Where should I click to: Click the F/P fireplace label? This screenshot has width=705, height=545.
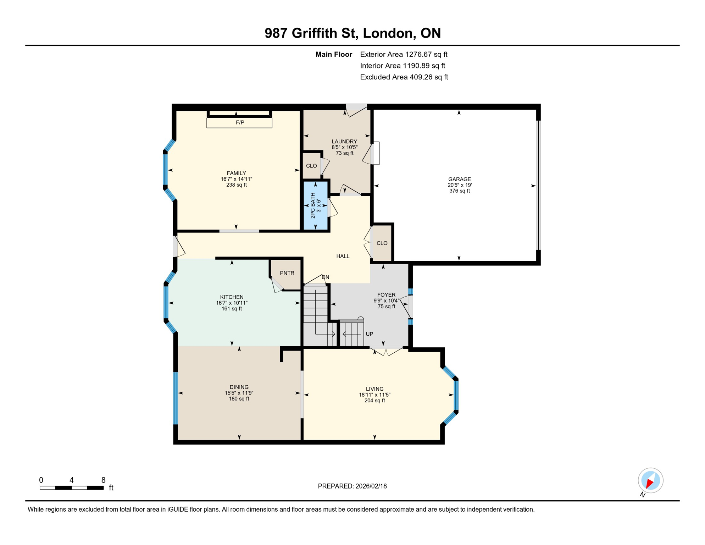click(x=240, y=122)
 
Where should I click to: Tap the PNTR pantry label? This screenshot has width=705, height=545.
click(x=287, y=273)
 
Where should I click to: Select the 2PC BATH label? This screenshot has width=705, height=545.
click(x=313, y=205)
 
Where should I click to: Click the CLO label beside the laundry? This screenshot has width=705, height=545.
click(x=311, y=166)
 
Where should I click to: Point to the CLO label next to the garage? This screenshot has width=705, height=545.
click(x=382, y=243)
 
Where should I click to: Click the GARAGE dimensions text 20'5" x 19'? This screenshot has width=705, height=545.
click(x=459, y=185)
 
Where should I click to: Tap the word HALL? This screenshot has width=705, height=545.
click(x=343, y=256)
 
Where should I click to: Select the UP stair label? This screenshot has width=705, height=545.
click(x=369, y=334)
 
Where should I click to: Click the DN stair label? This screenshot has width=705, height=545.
click(x=325, y=277)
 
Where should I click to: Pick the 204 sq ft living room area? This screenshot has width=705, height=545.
click(x=374, y=401)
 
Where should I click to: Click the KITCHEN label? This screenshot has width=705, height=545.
click(x=232, y=297)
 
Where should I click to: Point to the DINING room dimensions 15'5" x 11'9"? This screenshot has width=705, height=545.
click(x=239, y=393)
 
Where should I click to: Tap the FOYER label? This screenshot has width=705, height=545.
click(x=386, y=295)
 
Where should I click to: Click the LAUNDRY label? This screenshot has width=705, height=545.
click(x=344, y=141)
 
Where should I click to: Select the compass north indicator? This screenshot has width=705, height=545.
click(x=650, y=481)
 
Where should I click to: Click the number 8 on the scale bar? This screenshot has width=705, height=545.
click(x=103, y=480)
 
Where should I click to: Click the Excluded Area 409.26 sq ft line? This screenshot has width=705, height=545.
click(x=404, y=77)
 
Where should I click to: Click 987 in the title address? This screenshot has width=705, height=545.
click(x=276, y=33)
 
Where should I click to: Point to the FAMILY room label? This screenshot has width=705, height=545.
click(x=236, y=173)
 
